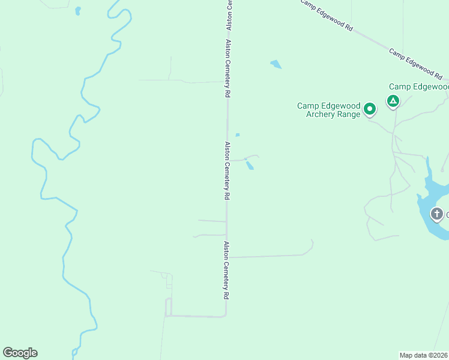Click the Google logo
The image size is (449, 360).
tap(20, 353)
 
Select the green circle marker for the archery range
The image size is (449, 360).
tap(370, 109)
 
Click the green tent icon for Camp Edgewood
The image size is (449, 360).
tap(393, 101)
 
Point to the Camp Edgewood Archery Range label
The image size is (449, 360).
tap(329, 110)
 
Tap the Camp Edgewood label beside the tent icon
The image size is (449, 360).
tap(418, 87)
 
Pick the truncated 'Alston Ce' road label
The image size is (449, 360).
tap(229, 16)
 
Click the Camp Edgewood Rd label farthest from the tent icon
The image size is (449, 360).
tap(326, 14)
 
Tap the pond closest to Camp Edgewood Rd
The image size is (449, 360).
tap(276, 64)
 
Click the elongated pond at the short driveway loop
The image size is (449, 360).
tap(249, 165)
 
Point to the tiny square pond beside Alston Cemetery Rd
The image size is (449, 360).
tap(238, 134)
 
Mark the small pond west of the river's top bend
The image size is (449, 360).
tap(77, 11)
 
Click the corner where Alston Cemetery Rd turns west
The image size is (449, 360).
tap(226, 315)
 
